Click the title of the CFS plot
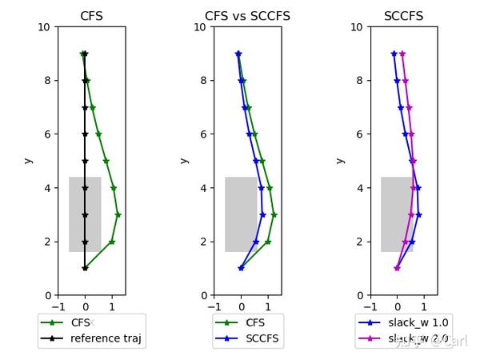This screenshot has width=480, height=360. click(x=91, y=16)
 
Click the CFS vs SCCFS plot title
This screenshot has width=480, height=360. click(x=247, y=16)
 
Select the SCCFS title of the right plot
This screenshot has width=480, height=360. click(x=403, y=16)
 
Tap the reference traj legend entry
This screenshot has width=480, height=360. click(x=105, y=338)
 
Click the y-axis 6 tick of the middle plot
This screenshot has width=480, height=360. click(x=206, y=134)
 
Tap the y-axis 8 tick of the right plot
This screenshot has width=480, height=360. click(x=362, y=81)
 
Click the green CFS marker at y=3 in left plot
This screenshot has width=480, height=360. click(x=118, y=214)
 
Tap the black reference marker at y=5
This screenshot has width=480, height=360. click(x=85, y=161)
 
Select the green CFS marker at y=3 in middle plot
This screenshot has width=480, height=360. click(x=274, y=214)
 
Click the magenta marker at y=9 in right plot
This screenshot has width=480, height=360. click(x=402, y=54)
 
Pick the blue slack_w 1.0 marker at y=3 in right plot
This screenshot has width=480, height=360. click(x=418, y=214)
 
